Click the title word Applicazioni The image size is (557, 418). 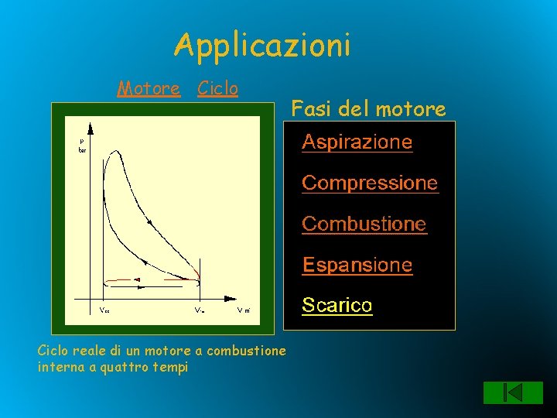263,45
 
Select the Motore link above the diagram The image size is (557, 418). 149,89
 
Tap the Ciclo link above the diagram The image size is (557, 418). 217,89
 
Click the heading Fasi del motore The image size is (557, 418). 368,109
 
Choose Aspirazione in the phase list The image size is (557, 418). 357,142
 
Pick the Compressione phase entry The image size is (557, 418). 369,183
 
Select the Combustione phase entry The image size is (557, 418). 364,224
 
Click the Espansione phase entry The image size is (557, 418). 357,265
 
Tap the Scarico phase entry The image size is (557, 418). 337,306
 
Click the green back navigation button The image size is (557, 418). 503,392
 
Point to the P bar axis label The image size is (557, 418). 82,146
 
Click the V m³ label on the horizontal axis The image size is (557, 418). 243,310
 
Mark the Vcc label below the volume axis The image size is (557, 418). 104,310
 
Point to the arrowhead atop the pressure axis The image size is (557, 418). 91,128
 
